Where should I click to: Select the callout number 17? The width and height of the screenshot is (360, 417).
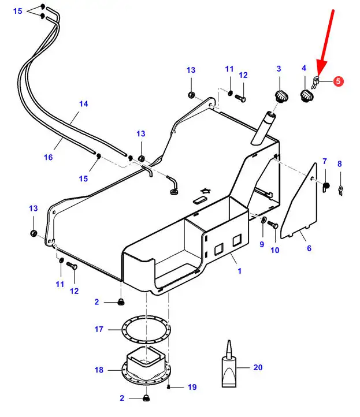click(99, 329)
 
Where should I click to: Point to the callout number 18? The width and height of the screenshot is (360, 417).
click(99, 370)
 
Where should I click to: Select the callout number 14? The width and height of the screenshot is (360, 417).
click(84, 104)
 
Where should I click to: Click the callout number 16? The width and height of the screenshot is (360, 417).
click(48, 157)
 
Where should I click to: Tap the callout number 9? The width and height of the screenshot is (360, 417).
click(261, 244)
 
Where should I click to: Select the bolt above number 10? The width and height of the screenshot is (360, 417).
click(274, 224)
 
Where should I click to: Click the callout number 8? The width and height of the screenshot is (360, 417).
click(340, 164)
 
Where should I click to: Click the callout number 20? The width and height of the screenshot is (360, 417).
click(258, 367)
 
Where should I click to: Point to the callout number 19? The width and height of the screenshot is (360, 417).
click(192, 388)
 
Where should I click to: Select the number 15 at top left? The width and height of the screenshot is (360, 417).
click(17, 11)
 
